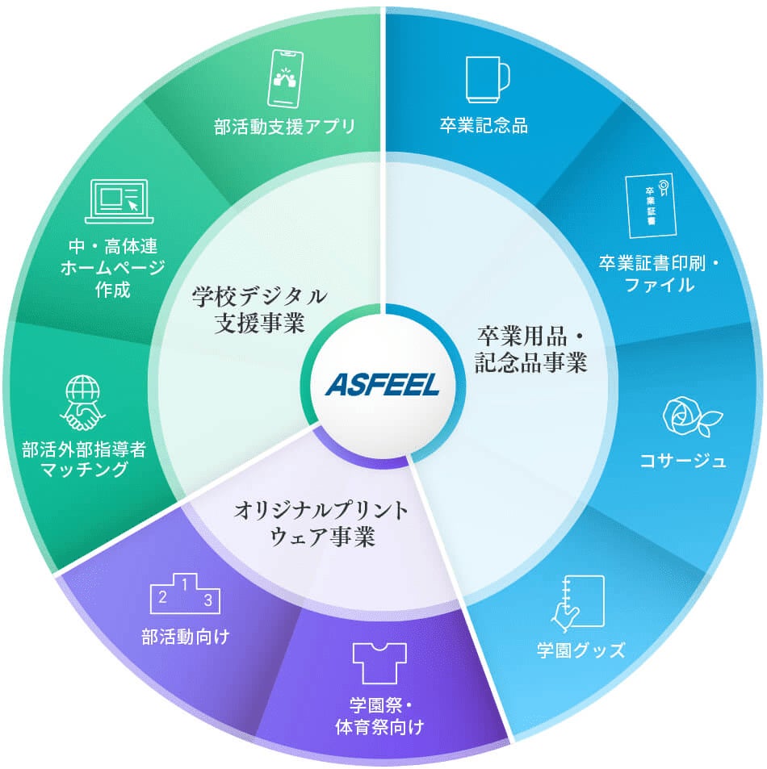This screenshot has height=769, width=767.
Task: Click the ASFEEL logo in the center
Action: point(383,385)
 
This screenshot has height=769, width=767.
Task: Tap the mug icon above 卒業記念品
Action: point(488,77)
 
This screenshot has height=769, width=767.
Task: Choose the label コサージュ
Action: point(683,462)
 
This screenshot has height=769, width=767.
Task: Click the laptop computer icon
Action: point(118,201)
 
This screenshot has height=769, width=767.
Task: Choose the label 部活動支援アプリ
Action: point(285,127)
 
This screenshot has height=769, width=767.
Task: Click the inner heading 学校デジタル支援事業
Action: point(259,310)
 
